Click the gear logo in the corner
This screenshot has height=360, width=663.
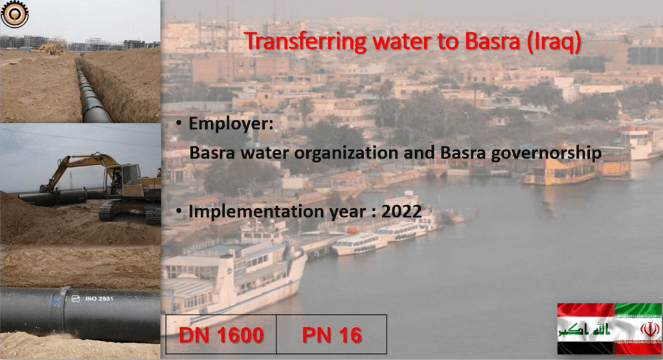tap(14, 14)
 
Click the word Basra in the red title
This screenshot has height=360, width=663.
tap(492, 41)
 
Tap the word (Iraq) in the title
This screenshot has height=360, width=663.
tap(554, 42)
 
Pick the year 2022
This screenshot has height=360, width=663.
tap(401, 212)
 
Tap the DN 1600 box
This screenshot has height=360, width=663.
tap(221, 334)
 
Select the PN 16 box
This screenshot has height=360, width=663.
tap(331, 334)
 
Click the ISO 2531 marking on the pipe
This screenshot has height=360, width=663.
tap(99, 298)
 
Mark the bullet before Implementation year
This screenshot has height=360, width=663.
tap(179, 210)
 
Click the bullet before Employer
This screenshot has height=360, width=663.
tap(179, 123)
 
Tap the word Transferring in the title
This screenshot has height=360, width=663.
tap(306, 42)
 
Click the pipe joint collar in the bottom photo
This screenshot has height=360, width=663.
tap(63, 311)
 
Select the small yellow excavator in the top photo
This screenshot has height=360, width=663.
tap(49, 49)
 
